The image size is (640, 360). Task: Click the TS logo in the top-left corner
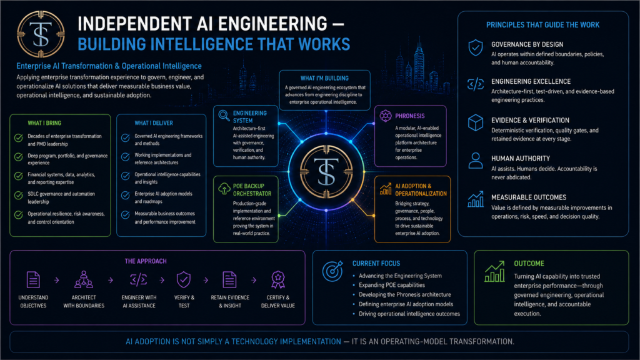pos(41,34)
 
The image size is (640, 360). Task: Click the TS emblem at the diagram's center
pos(326,171)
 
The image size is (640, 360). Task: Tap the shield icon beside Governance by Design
pos(476,47)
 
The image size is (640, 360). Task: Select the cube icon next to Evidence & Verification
pos(476,122)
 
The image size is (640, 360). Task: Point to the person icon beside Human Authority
pos(476,161)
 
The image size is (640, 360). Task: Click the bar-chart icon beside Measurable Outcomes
pos(476,199)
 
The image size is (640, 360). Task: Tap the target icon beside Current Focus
pos(332,271)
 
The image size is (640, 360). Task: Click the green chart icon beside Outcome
pos(495,271)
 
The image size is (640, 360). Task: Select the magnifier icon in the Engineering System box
pos(224,116)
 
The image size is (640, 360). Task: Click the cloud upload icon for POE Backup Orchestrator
pos(224,189)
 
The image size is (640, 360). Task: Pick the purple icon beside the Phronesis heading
pos(385,116)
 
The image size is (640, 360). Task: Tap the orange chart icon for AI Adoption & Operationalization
pos(386,189)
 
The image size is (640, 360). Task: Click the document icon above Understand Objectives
pos(33,279)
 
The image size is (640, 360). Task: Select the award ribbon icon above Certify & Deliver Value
pos(278,279)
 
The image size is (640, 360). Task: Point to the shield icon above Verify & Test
pos(184,279)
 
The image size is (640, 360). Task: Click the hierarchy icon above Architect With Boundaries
pos(84,279)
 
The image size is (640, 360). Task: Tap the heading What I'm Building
pos(324,78)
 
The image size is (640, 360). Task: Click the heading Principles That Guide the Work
pos(543,25)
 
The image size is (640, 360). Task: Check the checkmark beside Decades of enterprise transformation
pos(18,137)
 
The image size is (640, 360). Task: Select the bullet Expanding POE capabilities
pos(391,285)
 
